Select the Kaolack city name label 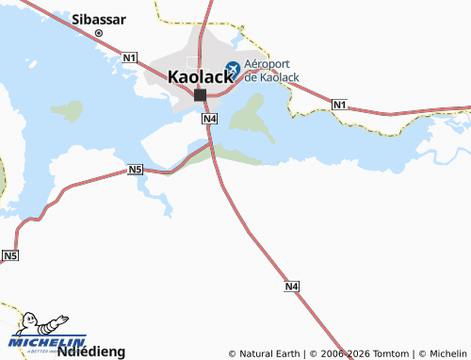click(x=200, y=77)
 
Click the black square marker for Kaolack click(x=200, y=94)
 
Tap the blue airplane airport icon click(x=232, y=69)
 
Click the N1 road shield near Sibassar click(x=130, y=58)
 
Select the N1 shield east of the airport click(x=340, y=103)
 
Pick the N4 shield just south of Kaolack click(x=210, y=119)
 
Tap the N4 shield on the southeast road click(x=292, y=286)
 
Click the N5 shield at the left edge click(x=9, y=255)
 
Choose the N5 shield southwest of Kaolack click(x=136, y=170)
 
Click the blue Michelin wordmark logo click(x=47, y=341)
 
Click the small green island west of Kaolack click(x=68, y=110)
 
